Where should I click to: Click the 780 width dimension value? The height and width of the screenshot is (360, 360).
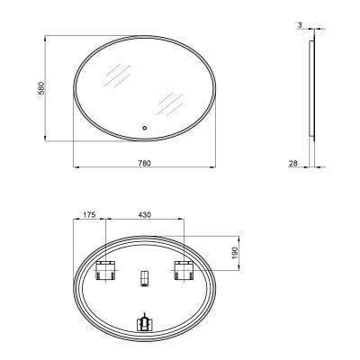click(144, 162)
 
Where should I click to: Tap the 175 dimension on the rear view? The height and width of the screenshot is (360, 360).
click(88, 216)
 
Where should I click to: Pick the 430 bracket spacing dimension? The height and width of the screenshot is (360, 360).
click(145, 216)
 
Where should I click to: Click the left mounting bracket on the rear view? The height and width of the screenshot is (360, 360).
click(106, 268)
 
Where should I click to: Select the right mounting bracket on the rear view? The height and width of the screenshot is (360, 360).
click(184, 268)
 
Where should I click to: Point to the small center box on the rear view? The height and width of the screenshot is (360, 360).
click(144, 278)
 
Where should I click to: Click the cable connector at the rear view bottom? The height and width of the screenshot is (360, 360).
click(144, 321)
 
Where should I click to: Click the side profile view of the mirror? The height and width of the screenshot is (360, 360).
click(312, 89)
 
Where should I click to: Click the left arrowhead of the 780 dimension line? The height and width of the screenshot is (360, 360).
click(74, 167)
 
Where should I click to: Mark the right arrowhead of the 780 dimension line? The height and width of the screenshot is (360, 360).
click(214, 167)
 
